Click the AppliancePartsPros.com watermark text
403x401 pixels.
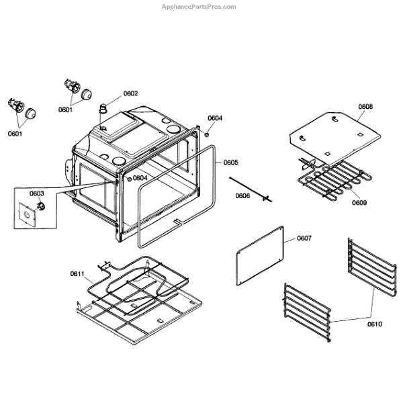[x=199, y=7]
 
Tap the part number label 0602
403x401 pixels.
[x=130, y=93]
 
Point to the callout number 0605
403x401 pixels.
[x=230, y=163]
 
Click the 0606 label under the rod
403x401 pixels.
[x=243, y=196]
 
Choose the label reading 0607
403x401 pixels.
[x=305, y=238]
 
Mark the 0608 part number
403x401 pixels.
[x=365, y=107]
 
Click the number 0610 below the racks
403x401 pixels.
[x=374, y=324]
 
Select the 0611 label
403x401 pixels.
[x=77, y=273]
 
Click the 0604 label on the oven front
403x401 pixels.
[x=140, y=178]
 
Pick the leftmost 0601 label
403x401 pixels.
[x=15, y=134]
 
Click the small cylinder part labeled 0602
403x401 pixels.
[x=104, y=108]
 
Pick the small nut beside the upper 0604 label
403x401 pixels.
[x=207, y=134]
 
